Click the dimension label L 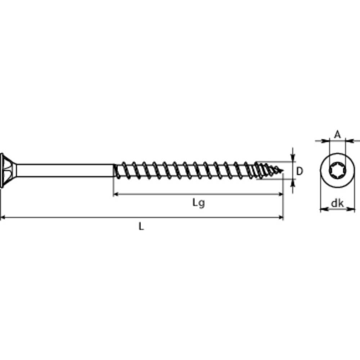click(141, 226)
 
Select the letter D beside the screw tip click(300, 171)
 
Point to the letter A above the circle click(337, 135)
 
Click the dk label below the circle click(337, 204)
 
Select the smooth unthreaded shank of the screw click(65, 170)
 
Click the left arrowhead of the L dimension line click(3, 217)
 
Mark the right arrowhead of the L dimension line click(280, 217)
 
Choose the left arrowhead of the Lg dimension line click(116, 194)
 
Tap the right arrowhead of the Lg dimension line click(280, 194)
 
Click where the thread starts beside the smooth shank click(115, 170)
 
